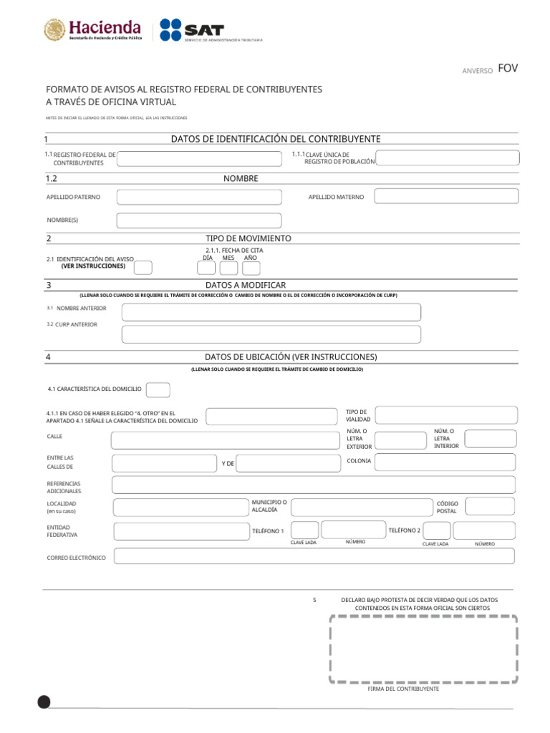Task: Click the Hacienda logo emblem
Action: pos(54,30)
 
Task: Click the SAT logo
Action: pos(192,30)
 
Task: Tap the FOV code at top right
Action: pos(508,69)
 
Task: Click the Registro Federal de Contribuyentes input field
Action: pos(199,158)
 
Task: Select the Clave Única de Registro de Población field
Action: pos(446,158)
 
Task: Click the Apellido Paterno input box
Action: pos(199,197)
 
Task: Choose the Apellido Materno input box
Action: pos(446,196)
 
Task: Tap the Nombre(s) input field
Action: pos(199,220)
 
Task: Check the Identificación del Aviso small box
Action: pos(143,268)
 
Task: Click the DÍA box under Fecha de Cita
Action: pos(206,268)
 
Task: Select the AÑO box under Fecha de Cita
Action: pos(251,268)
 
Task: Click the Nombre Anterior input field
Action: pos(271,312)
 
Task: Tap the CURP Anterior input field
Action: pos(271,334)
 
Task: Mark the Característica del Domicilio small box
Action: pos(158,390)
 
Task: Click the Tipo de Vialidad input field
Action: pos(446,415)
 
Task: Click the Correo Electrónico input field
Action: pos(314,556)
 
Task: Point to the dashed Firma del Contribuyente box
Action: pos(424,649)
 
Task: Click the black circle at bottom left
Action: pos(44,702)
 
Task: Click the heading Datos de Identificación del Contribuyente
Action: pos(276,139)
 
